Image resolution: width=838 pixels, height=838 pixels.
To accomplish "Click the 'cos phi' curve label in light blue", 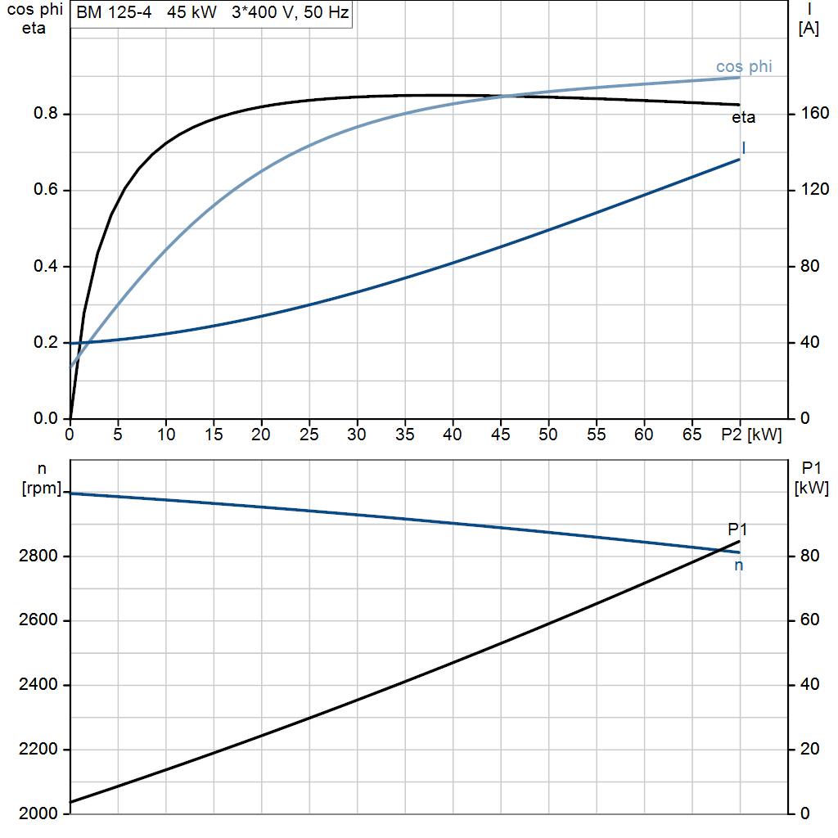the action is click(744, 67).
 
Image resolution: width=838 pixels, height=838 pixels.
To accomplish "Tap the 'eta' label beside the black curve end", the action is click(743, 118).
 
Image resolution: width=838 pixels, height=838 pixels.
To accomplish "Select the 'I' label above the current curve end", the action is click(744, 147).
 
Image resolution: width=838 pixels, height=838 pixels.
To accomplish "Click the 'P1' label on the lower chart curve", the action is click(737, 529).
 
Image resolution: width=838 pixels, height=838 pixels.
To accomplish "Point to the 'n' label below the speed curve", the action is click(739, 565).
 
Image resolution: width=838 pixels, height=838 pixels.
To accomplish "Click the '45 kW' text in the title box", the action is click(191, 12).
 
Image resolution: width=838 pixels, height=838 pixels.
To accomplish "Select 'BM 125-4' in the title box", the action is click(114, 12).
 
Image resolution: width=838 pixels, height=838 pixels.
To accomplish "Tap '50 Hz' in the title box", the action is click(326, 12).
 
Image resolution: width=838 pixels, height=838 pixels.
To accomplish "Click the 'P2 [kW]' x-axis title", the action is click(751, 435).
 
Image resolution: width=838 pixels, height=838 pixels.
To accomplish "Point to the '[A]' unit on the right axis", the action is click(809, 29).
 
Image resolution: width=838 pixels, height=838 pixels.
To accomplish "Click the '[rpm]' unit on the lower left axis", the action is click(42, 488).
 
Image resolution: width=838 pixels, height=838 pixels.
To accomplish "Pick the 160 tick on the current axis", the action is click(814, 113).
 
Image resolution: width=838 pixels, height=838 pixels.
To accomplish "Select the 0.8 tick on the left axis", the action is click(45, 113).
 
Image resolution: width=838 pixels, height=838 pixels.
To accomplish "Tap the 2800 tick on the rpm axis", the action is click(38, 556).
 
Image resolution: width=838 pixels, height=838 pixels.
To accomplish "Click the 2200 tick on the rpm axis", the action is click(38, 750).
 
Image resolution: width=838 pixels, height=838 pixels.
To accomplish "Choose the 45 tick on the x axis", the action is click(500, 435).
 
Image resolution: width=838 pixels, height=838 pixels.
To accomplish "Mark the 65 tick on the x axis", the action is click(692, 435).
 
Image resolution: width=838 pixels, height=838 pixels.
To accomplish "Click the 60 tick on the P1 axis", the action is click(809, 620).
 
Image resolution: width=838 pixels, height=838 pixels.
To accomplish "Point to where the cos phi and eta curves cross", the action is click(505, 97).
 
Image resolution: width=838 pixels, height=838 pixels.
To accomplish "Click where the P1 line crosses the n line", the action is click(723, 550).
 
